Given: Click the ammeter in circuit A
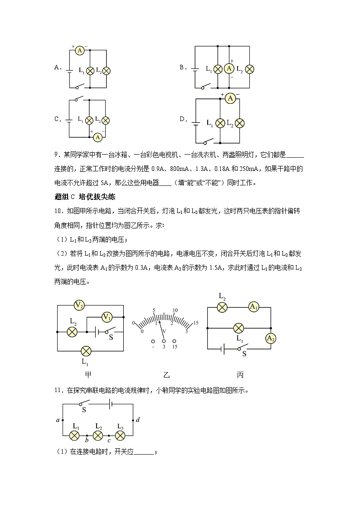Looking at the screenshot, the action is point(79,51).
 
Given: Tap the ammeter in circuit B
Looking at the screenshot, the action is point(229,68).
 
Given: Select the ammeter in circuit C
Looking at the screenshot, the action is point(97,137).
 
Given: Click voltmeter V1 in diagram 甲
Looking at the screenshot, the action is point(107,317).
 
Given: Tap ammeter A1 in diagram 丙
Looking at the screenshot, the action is point(253,307).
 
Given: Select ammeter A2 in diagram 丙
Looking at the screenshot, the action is point(271,338).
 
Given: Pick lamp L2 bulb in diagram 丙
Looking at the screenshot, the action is point(222,307).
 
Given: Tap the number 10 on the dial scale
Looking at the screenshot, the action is point(175,310).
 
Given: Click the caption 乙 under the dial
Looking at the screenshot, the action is point(166,375).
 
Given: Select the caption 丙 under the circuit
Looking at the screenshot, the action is point(240,375).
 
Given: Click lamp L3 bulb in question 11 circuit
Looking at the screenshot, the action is point(120,436).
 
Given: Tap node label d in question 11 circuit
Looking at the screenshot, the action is point(138,420).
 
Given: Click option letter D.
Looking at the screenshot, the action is point(183,119).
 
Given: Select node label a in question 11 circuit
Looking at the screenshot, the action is point(58,420).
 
